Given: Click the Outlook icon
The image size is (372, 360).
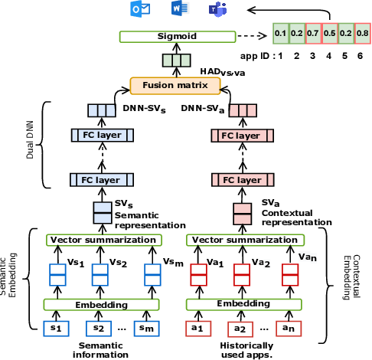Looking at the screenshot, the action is coord(140,10).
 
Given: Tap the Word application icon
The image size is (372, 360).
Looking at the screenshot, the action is coord(180,8).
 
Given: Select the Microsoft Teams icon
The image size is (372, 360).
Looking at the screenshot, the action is coord(217,10).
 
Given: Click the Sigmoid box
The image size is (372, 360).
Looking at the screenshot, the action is coord(178,37).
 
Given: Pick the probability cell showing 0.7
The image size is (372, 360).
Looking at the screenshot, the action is coord(313,34).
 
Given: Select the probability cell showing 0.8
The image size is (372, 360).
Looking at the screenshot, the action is coord(362,34).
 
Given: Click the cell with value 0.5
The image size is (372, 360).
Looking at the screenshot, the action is coord(330,34).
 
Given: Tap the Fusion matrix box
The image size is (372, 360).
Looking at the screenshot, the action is coord(175,86).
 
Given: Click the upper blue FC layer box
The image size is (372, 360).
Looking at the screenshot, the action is coord(102,136).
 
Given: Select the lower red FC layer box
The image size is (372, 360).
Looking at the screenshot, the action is coord(243,180).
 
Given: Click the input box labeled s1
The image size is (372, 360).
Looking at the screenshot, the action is coord(56,329).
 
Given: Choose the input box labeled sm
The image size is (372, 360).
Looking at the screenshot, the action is coord(147,329).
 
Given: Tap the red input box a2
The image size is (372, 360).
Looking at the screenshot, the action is coord(240,329).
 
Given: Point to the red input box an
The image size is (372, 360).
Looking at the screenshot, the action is coord(289,329).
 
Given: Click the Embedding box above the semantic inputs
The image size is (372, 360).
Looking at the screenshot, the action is coord(102,305).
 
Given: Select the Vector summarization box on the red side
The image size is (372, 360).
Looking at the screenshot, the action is coord(245,241).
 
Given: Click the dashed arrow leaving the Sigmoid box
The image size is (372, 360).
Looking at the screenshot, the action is coord(252,36).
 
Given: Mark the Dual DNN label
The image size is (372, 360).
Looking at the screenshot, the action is coord(30,140).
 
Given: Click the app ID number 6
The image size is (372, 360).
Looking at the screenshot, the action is coord(360,56).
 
